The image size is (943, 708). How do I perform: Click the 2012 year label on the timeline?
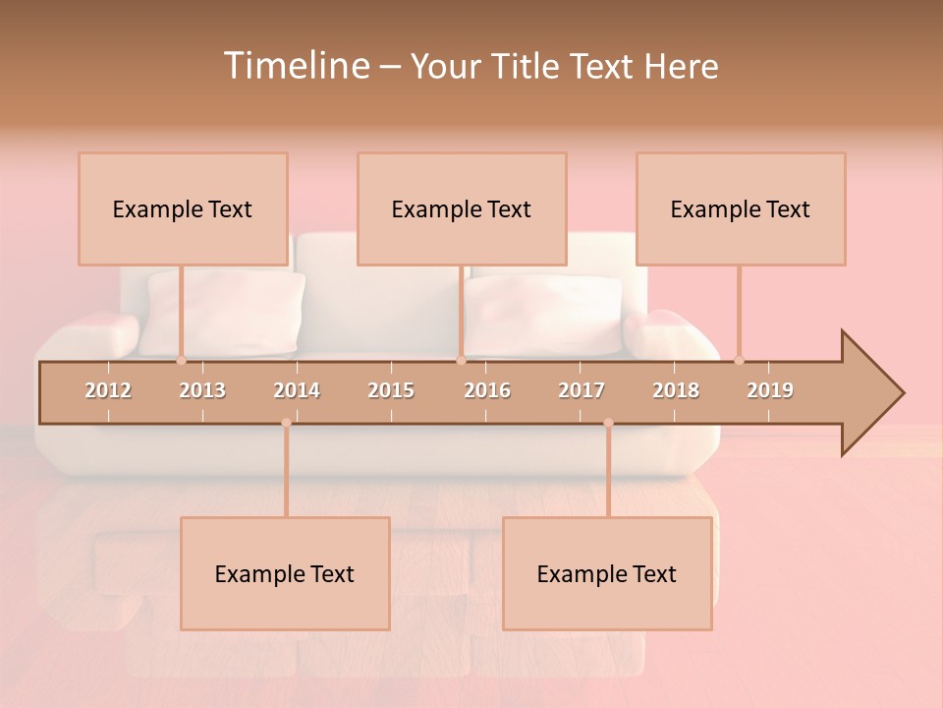pyautogui.click(x=108, y=390)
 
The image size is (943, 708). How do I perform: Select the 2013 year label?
pyautogui.click(x=202, y=390)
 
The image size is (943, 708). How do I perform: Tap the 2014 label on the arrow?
pyautogui.click(x=297, y=390)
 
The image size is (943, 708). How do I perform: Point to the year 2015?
pyautogui.click(x=391, y=390)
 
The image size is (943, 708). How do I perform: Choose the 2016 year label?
pyautogui.click(x=487, y=390)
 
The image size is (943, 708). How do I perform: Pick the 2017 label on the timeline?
pyautogui.click(x=582, y=390)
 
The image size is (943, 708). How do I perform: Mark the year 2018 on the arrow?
pyautogui.click(x=676, y=390)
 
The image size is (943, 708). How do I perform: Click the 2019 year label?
pyautogui.click(x=770, y=390)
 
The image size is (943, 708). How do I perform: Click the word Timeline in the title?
pyautogui.click(x=296, y=66)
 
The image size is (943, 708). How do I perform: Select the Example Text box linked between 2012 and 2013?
pyautogui.click(x=183, y=209)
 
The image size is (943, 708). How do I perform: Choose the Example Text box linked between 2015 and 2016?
pyautogui.click(x=462, y=209)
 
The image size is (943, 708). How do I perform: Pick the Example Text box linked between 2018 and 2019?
pyautogui.click(x=741, y=209)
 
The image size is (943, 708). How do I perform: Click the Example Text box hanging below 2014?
pyautogui.click(x=285, y=574)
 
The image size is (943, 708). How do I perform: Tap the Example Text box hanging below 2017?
pyautogui.click(x=607, y=574)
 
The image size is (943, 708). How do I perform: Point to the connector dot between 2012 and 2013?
pyautogui.click(x=181, y=361)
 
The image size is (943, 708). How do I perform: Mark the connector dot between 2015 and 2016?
pyautogui.click(x=461, y=361)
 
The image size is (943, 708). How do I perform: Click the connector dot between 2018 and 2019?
pyautogui.click(x=739, y=361)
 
